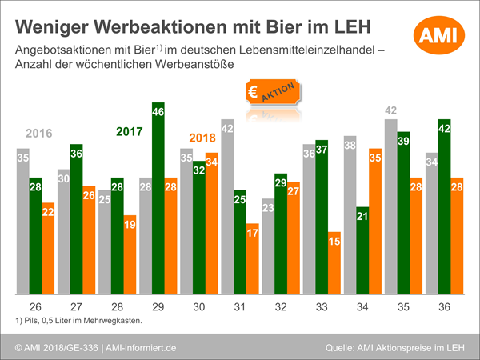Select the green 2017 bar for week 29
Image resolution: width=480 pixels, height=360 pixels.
click(158, 200)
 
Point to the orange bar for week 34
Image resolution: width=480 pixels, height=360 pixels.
click(374, 221)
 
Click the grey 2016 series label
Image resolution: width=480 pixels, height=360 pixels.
click(39, 133)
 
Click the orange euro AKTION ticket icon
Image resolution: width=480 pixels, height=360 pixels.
click(272, 93)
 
